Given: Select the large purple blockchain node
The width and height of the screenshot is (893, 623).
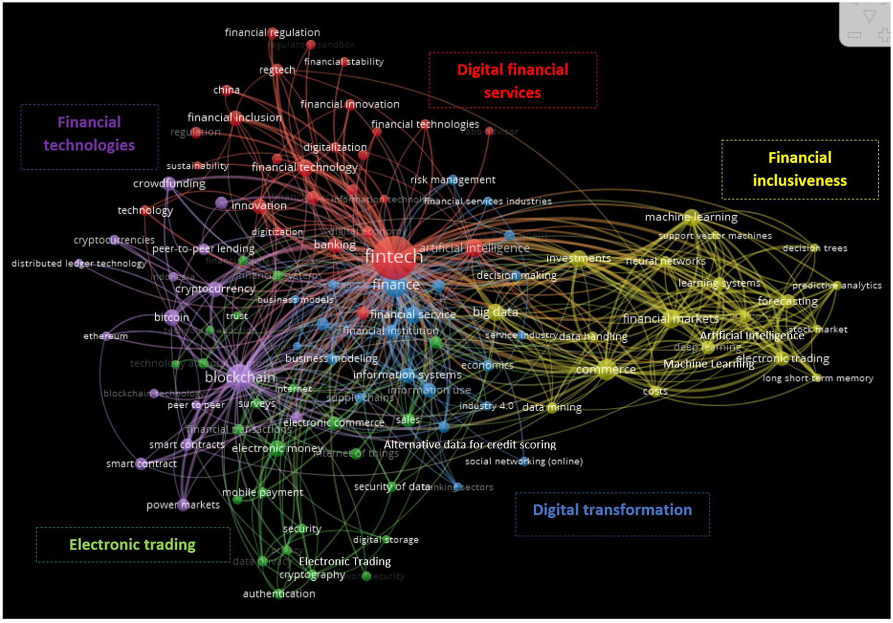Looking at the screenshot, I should coord(240,376).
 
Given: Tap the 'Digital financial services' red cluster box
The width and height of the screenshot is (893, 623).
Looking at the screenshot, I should coord(513,81).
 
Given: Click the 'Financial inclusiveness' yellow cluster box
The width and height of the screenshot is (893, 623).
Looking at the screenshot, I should coord(800,169).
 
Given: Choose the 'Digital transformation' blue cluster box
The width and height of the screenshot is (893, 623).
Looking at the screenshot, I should coord(612,514).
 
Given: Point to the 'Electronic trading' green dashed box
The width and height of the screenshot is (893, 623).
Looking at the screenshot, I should coord(133,545).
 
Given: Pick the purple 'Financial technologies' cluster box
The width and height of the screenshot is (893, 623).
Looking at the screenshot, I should coord(89,137).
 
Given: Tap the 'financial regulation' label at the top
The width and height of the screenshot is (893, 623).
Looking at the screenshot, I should coord(272,33).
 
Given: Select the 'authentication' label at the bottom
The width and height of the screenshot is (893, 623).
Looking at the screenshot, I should coord(279,594).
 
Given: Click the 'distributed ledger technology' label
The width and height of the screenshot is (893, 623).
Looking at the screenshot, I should coord(79,263).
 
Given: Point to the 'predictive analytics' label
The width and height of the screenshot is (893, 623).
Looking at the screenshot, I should coord(837,285).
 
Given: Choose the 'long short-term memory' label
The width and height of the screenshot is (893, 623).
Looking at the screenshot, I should coord(817,378).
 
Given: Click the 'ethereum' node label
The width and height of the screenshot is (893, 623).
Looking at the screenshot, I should coord(105,336).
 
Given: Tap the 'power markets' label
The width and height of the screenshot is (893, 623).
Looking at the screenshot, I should coord(183,505).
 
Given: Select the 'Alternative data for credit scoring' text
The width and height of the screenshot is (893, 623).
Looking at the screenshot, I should coord(470,445).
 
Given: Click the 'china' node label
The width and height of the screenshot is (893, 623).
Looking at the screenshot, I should coord(226,90).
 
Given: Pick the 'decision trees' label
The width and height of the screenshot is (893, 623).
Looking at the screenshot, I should coord(814,248).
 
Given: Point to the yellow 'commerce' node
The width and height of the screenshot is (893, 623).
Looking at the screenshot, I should coord(606,369).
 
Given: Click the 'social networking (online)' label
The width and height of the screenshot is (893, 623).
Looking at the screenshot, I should coord(524,461).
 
